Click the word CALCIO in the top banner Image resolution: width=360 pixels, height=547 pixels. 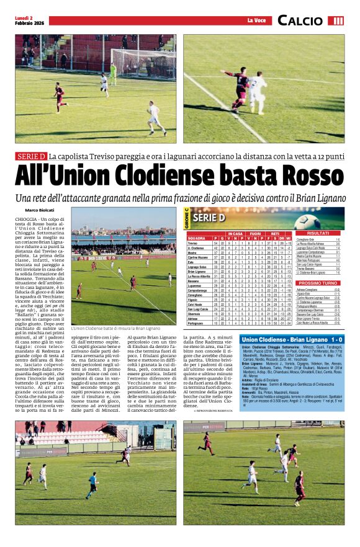coord(309,20)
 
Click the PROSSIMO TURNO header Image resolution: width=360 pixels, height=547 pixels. coord(318,283)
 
